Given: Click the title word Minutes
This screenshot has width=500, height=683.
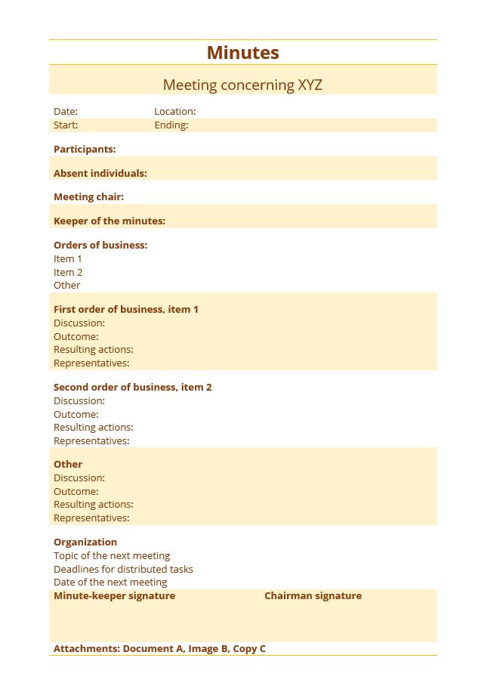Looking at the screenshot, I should point(242,53).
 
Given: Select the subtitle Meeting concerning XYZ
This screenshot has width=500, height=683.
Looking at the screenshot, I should point(242,85).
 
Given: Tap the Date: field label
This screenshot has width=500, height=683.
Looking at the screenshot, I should point(66,112).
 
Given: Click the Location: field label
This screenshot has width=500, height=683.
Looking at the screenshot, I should point(174,112).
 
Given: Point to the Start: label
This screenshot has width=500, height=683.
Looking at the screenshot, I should point(66,125).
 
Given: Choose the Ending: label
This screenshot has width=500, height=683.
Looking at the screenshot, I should point(171,125).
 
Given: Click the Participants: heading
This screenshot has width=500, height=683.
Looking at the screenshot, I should point(85,150).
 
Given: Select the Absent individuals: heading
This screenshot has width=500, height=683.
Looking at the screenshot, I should point(100,174).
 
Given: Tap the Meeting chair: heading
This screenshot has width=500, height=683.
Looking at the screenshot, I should point(88,197).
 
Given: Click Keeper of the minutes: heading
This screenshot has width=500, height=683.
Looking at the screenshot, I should point(109,221).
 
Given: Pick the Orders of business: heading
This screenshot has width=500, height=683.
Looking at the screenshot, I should point(100,246).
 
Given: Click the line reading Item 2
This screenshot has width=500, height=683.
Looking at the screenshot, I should point(68,273).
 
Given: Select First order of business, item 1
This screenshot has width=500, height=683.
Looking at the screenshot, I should point(125,310).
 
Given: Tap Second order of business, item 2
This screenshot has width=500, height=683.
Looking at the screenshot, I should point(132,388).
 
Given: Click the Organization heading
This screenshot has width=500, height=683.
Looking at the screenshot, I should point(85,542).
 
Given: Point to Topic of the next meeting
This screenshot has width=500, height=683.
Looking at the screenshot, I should point(112,556).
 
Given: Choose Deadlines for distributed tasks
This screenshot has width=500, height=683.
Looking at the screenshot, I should point(123,570).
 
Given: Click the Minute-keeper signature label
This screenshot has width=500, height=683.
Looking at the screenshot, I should point(114,596).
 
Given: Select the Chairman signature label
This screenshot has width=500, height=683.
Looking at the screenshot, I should point(313,596).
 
